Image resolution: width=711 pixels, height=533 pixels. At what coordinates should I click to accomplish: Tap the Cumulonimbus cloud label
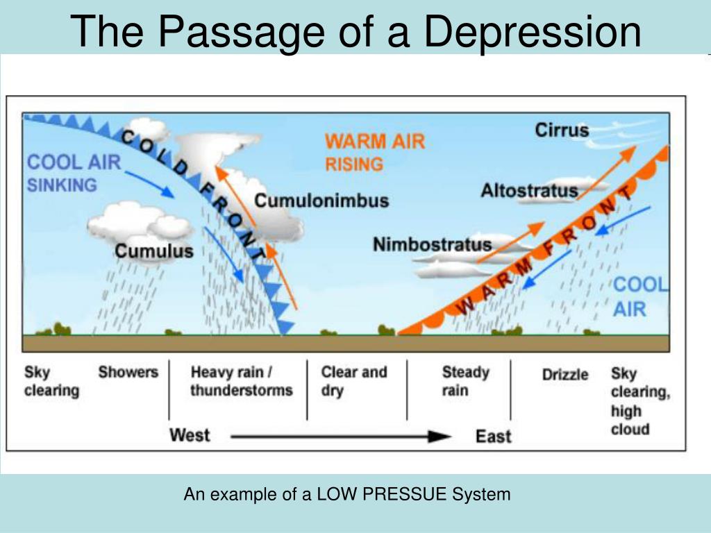click(321, 201)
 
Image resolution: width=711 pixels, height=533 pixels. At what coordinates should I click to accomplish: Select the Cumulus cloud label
click(154, 251)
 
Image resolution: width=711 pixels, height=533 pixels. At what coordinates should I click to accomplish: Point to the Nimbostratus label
click(432, 244)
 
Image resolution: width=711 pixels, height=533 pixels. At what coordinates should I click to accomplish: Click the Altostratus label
click(529, 190)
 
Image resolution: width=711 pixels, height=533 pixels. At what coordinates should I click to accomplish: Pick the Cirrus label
click(561, 130)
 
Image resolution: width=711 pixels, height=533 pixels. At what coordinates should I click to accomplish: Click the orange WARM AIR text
click(374, 142)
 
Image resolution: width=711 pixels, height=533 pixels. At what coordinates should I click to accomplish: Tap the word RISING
click(354, 164)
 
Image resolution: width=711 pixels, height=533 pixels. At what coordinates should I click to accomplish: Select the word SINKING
click(62, 185)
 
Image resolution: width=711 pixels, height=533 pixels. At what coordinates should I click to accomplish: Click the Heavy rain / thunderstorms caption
click(241, 381)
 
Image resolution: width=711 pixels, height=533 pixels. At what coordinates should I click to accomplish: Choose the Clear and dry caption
click(353, 381)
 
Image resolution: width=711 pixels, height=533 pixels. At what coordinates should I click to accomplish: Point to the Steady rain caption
click(465, 381)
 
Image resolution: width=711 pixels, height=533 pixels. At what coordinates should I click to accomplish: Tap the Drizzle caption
click(564, 375)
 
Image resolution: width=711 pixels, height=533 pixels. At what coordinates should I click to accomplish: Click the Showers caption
click(128, 372)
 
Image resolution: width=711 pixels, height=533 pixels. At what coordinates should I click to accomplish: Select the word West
click(190, 435)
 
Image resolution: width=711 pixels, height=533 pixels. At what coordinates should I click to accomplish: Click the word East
click(493, 436)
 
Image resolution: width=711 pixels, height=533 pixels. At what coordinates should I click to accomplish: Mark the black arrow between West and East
click(340, 437)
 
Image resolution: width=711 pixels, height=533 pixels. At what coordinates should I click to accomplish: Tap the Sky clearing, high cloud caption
click(639, 401)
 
